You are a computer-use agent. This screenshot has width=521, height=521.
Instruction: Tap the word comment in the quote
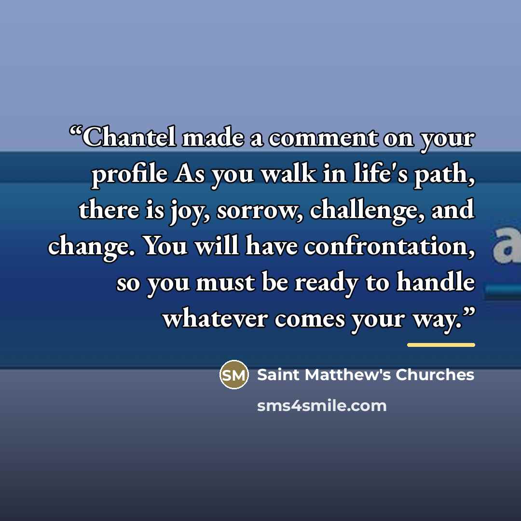click(x=323, y=138)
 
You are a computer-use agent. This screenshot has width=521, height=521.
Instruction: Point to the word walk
click(x=288, y=173)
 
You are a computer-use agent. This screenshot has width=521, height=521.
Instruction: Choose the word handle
click(x=436, y=281)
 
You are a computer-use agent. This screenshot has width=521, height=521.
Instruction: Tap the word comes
click(x=309, y=319)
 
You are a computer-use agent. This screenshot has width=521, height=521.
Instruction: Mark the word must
click(x=226, y=282)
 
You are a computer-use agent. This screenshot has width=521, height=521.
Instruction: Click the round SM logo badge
click(x=234, y=374)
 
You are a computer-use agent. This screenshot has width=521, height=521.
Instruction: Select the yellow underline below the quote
click(x=441, y=345)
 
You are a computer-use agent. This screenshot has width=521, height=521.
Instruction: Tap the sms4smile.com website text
click(x=322, y=406)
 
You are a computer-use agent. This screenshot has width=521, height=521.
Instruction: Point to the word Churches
click(x=435, y=374)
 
